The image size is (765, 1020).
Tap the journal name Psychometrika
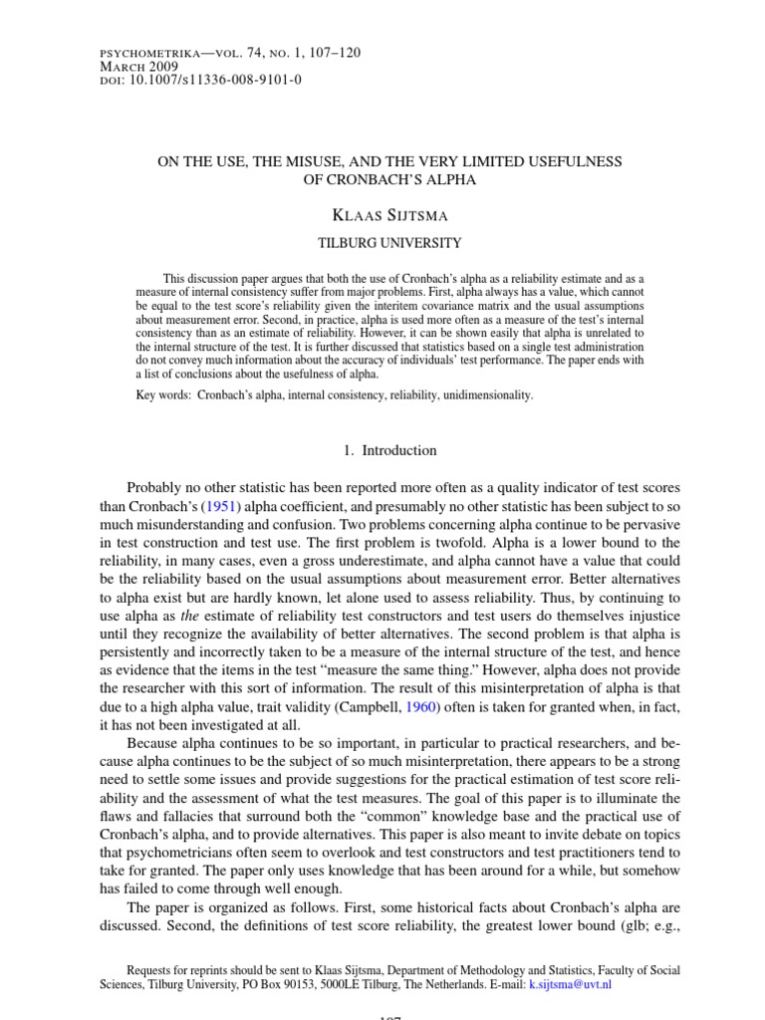[146, 50]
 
